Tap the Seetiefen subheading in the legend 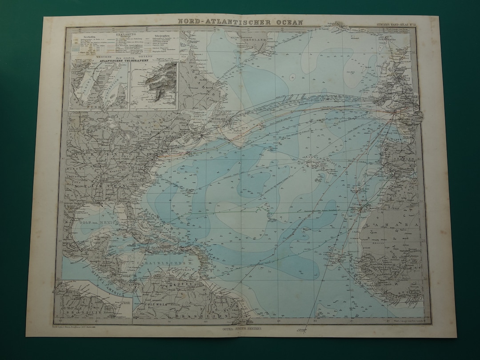tap(84, 37)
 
